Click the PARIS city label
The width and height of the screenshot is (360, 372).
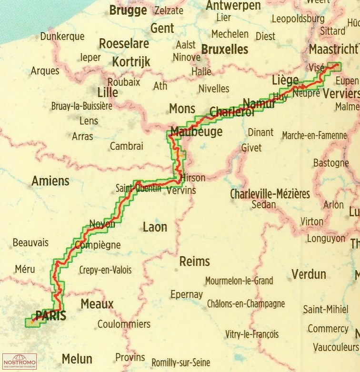[x=50, y=315]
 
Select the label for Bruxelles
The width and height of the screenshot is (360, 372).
[x=225, y=49]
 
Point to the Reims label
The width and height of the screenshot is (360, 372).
[x=194, y=261]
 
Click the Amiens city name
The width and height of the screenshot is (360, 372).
[x=50, y=181]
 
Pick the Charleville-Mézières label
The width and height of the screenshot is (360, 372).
[x=270, y=194]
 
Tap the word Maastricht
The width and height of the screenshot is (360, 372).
[x=333, y=49]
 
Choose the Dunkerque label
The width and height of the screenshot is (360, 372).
[x=62, y=36]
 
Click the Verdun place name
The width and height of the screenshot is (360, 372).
[x=309, y=274]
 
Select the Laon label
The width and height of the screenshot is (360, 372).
[x=155, y=227]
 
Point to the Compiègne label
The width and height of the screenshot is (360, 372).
[x=98, y=246]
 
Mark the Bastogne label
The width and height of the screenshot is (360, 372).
[x=331, y=163]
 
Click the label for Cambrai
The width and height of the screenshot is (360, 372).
[x=127, y=146]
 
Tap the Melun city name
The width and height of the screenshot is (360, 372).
[x=77, y=359]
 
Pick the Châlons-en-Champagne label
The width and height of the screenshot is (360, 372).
[x=246, y=303]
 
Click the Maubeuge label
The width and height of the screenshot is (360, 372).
[x=196, y=131]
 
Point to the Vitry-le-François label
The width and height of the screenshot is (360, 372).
[x=252, y=334]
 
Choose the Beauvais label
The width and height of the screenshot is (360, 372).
[x=30, y=242]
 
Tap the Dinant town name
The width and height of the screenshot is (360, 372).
[x=260, y=132]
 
